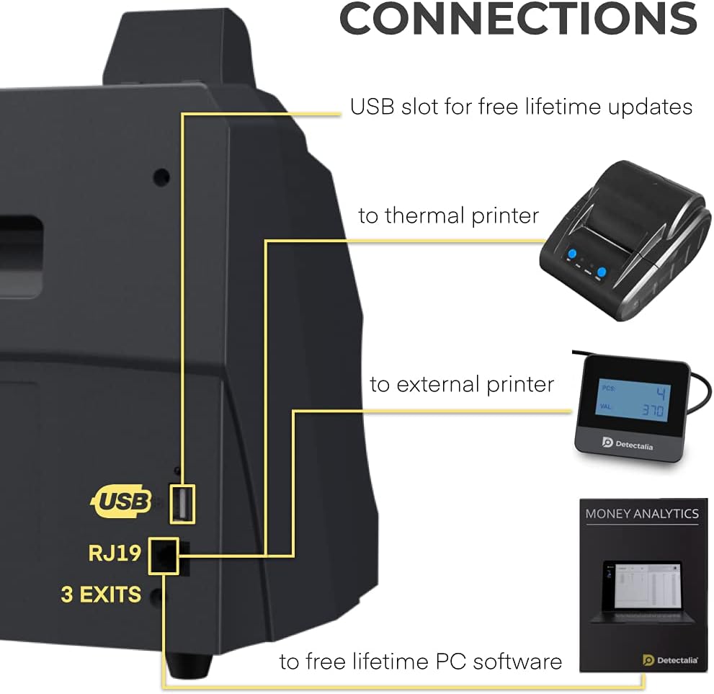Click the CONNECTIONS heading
point(517,19)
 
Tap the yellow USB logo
point(120,500)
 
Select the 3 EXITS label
point(101,595)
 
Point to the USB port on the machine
point(182,503)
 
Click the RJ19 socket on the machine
point(164,556)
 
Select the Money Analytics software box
point(640,584)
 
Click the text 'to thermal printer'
point(448,215)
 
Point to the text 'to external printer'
point(462,384)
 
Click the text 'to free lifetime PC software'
point(421,661)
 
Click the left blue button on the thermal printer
point(573,254)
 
